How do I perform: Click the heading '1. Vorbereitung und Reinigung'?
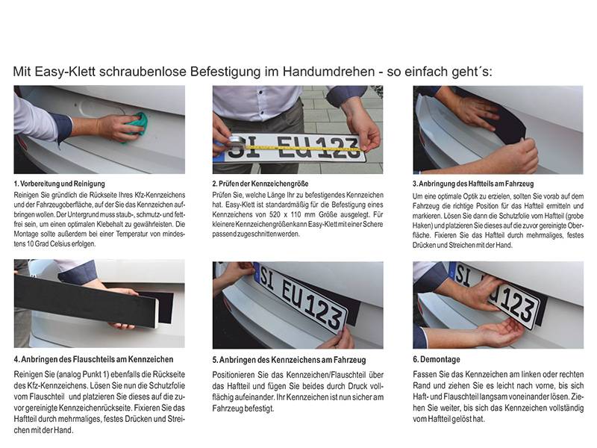click(x=59, y=183)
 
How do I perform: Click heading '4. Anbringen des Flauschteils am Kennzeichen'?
click(x=93, y=359)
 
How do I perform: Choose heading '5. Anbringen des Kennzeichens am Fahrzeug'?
click(x=283, y=359)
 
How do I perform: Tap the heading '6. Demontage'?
click(x=441, y=359)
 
